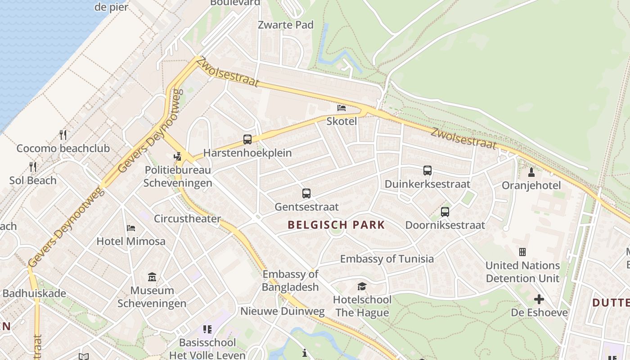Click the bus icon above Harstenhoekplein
[247, 139]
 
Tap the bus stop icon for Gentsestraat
[306, 193]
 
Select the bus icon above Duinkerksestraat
[427, 171]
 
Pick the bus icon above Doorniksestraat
[445, 211]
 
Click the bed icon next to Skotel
[342, 108]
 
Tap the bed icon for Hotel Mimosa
[131, 228]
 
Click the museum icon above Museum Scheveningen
[152, 277]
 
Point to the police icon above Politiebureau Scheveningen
[178, 157]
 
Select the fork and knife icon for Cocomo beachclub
[63, 135]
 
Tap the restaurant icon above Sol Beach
[33, 167]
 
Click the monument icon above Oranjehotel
[531, 172]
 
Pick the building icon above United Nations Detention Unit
[522, 252]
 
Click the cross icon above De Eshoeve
[539, 299]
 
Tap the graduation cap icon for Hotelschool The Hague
[362, 286]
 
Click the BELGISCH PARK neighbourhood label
[336, 225]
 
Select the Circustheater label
[187, 219]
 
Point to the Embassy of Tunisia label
[387, 259]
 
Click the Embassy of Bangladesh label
[290, 280]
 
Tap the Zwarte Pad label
[285, 25]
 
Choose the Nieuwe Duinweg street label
[282, 311]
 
